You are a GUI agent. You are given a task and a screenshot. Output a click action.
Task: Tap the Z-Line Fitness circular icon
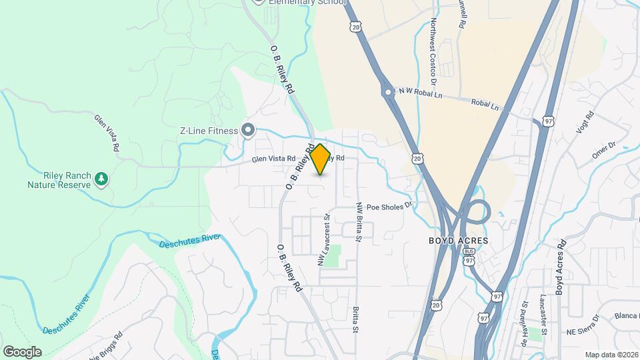point(249,130)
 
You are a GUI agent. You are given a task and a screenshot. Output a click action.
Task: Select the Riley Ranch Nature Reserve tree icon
point(101,178)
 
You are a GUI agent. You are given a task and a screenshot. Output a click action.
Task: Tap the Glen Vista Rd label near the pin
point(273,159)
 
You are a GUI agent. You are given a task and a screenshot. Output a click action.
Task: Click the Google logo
point(22,351)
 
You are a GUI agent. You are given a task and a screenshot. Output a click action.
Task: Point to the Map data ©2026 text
point(611,355)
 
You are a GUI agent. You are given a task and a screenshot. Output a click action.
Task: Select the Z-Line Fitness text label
point(209,131)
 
